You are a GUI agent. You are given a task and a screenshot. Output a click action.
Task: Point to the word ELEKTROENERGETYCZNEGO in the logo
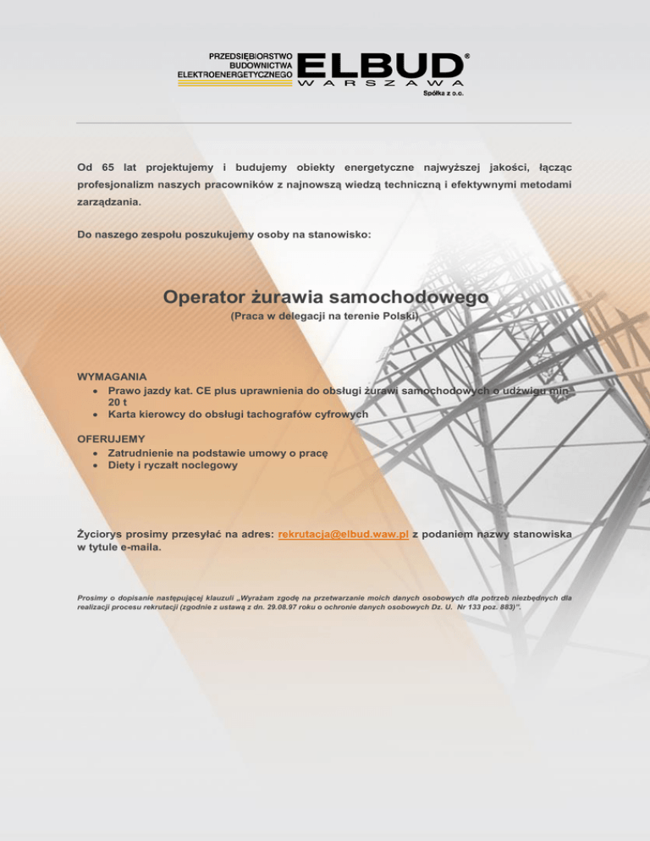[234, 75]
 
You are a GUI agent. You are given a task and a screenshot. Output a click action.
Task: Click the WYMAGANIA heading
[112, 375]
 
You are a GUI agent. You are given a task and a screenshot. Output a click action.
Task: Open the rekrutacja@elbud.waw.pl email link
[344, 535]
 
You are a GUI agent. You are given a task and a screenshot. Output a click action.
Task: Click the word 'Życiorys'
[100, 535]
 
